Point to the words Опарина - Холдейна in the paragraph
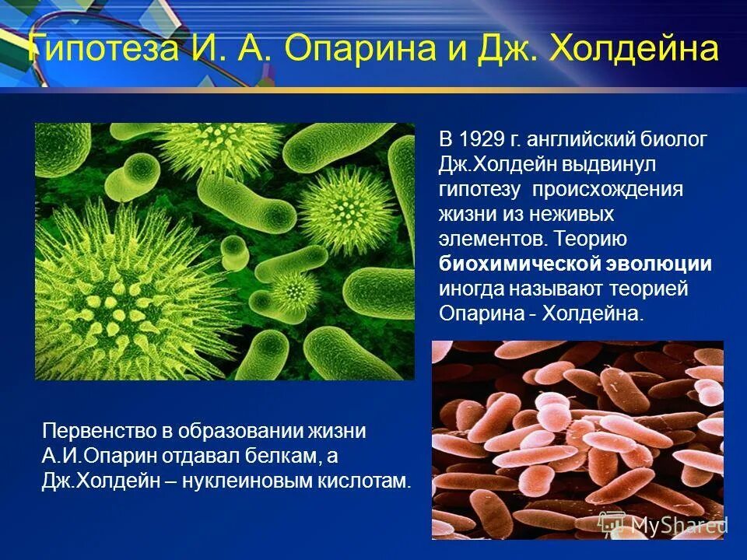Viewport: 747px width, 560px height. pos(542,313)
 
